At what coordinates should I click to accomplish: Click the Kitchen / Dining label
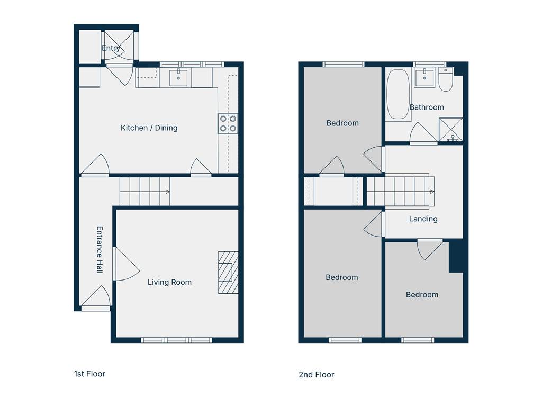point(149,128)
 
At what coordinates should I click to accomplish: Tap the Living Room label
point(169,282)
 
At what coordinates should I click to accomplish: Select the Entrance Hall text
point(100,250)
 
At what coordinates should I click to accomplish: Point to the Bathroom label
point(427,107)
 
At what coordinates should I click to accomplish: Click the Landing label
point(423,219)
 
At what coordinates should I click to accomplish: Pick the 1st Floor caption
point(89,374)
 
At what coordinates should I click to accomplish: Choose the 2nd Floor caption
point(317,375)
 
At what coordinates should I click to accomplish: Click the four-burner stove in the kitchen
point(228,124)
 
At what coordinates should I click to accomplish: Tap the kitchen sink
point(178,77)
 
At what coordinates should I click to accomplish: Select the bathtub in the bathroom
point(398,94)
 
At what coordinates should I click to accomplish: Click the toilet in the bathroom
point(446,79)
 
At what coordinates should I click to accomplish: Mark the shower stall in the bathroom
point(451,130)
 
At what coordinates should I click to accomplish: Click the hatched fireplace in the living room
point(228,273)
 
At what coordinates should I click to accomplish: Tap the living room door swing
point(126,264)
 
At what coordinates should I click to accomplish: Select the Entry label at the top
point(111,48)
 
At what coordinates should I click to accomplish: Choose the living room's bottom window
point(177,340)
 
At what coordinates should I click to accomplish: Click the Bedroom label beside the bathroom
point(342,123)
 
